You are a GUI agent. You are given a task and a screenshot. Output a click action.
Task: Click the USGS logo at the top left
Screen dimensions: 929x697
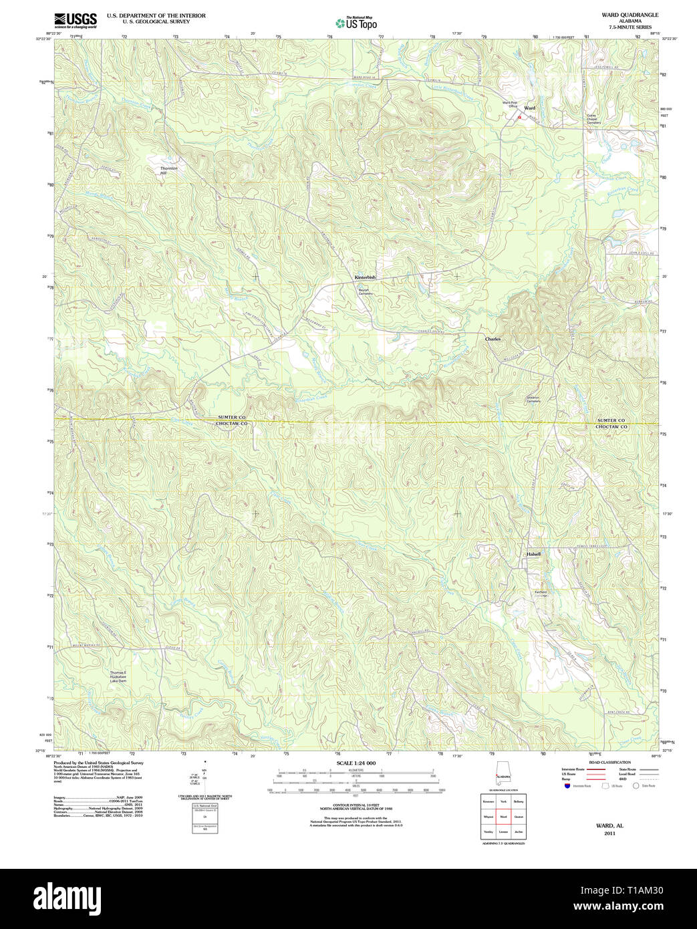75,19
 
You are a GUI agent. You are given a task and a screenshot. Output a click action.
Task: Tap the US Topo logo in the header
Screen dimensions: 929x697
356,23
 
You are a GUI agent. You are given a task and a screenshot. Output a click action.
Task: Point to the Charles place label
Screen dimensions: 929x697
493,340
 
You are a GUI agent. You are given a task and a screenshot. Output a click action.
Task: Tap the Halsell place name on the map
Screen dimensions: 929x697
533,554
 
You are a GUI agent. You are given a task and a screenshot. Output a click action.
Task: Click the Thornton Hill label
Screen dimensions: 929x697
169,170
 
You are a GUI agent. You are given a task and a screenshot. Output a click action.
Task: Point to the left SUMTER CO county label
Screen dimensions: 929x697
232,418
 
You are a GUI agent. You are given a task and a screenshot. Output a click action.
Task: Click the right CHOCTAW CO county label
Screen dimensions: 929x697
611,426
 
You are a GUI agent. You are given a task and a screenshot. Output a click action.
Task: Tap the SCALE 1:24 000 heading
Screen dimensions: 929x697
356,763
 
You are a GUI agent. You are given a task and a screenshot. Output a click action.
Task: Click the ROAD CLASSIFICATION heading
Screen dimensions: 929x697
609,763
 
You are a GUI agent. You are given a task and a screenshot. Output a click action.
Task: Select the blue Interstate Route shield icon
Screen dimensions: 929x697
567,786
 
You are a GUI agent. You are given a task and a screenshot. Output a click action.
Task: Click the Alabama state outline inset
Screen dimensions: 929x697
502,775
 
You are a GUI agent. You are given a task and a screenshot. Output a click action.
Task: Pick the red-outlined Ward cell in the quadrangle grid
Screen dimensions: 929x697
503,817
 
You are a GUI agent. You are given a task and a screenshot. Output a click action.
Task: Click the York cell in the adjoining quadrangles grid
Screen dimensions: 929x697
503,801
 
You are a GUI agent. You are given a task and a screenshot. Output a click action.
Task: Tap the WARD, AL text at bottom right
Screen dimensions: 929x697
609,825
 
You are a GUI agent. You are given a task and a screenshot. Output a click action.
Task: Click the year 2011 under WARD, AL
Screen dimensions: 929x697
609,833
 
